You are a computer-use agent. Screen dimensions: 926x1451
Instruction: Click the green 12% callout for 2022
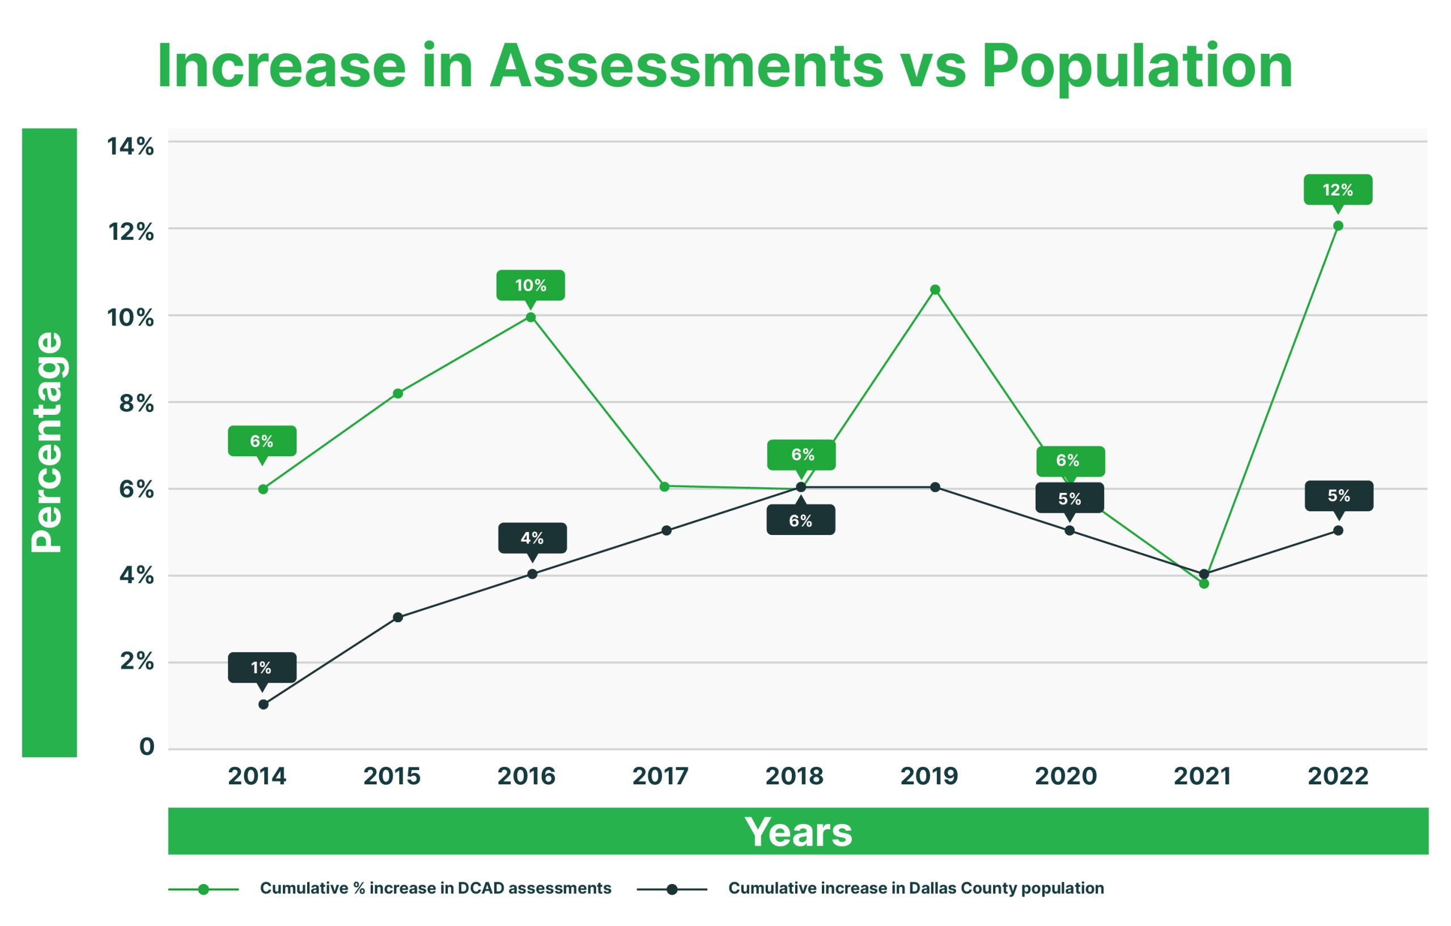point(1338,190)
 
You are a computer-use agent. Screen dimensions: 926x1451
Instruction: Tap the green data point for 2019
point(935,290)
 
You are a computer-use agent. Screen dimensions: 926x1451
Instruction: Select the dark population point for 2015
point(398,617)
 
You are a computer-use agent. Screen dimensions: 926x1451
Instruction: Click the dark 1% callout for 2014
point(261,668)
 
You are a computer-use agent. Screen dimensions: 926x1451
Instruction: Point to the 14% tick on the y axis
point(130,146)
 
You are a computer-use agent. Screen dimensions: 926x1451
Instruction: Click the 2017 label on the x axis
point(660,776)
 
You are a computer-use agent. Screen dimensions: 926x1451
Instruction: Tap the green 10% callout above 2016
point(531,285)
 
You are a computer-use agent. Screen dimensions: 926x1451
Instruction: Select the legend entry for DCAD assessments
point(435,888)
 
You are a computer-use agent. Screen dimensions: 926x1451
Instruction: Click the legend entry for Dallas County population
point(915,888)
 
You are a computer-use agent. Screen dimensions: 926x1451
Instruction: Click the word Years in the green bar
point(798,832)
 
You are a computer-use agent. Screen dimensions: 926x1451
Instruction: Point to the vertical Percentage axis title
point(48,442)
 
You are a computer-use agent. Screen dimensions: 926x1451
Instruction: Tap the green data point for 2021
point(1204,583)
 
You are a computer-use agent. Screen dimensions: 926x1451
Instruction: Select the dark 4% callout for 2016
point(532,537)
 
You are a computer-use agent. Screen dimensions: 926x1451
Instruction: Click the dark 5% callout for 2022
point(1339,496)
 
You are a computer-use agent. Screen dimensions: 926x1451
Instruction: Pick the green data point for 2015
point(398,393)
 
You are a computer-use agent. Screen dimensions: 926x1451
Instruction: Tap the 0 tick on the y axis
point(146,747)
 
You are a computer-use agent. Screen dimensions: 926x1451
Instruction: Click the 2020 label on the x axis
point(1066,776)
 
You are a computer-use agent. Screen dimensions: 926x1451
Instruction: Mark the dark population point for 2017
point(667,530)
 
